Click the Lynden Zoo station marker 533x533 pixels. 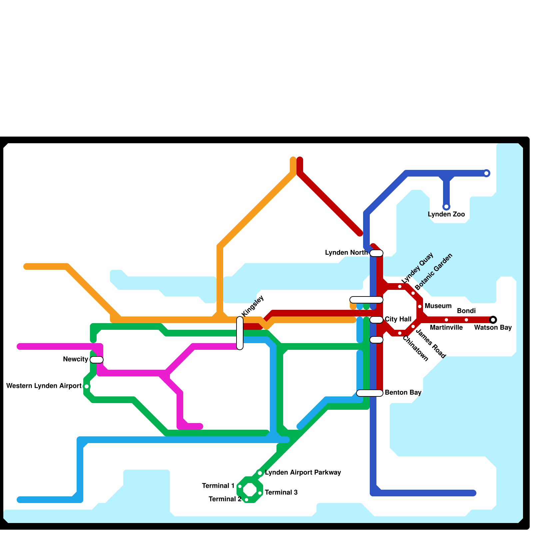click(446, 207)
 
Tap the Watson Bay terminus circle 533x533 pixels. click(493, 320)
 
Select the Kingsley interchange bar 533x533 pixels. click(240, 333)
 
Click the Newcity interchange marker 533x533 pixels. click(97, 360)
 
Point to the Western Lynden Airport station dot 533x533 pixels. click(87, 386)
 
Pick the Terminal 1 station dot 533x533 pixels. click(240, 486)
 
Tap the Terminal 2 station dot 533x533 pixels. click(247, 500)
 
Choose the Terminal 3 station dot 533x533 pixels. click(260, 493)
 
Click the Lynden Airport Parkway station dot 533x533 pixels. click(260, 473)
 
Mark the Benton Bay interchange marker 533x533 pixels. click(370, 393)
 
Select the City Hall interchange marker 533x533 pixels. click(376, 320)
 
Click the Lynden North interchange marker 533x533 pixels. click(376, 253)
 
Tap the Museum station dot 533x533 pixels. click(420, 306)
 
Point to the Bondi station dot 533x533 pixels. click(466, 320)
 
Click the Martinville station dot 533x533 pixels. click(446, 320)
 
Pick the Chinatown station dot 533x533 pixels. click(400, 333)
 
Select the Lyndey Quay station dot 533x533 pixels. click(400, 286)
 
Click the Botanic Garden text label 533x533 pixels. click(434, 271)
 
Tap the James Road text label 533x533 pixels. click(430, 343)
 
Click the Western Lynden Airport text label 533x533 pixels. click(44, 386)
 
